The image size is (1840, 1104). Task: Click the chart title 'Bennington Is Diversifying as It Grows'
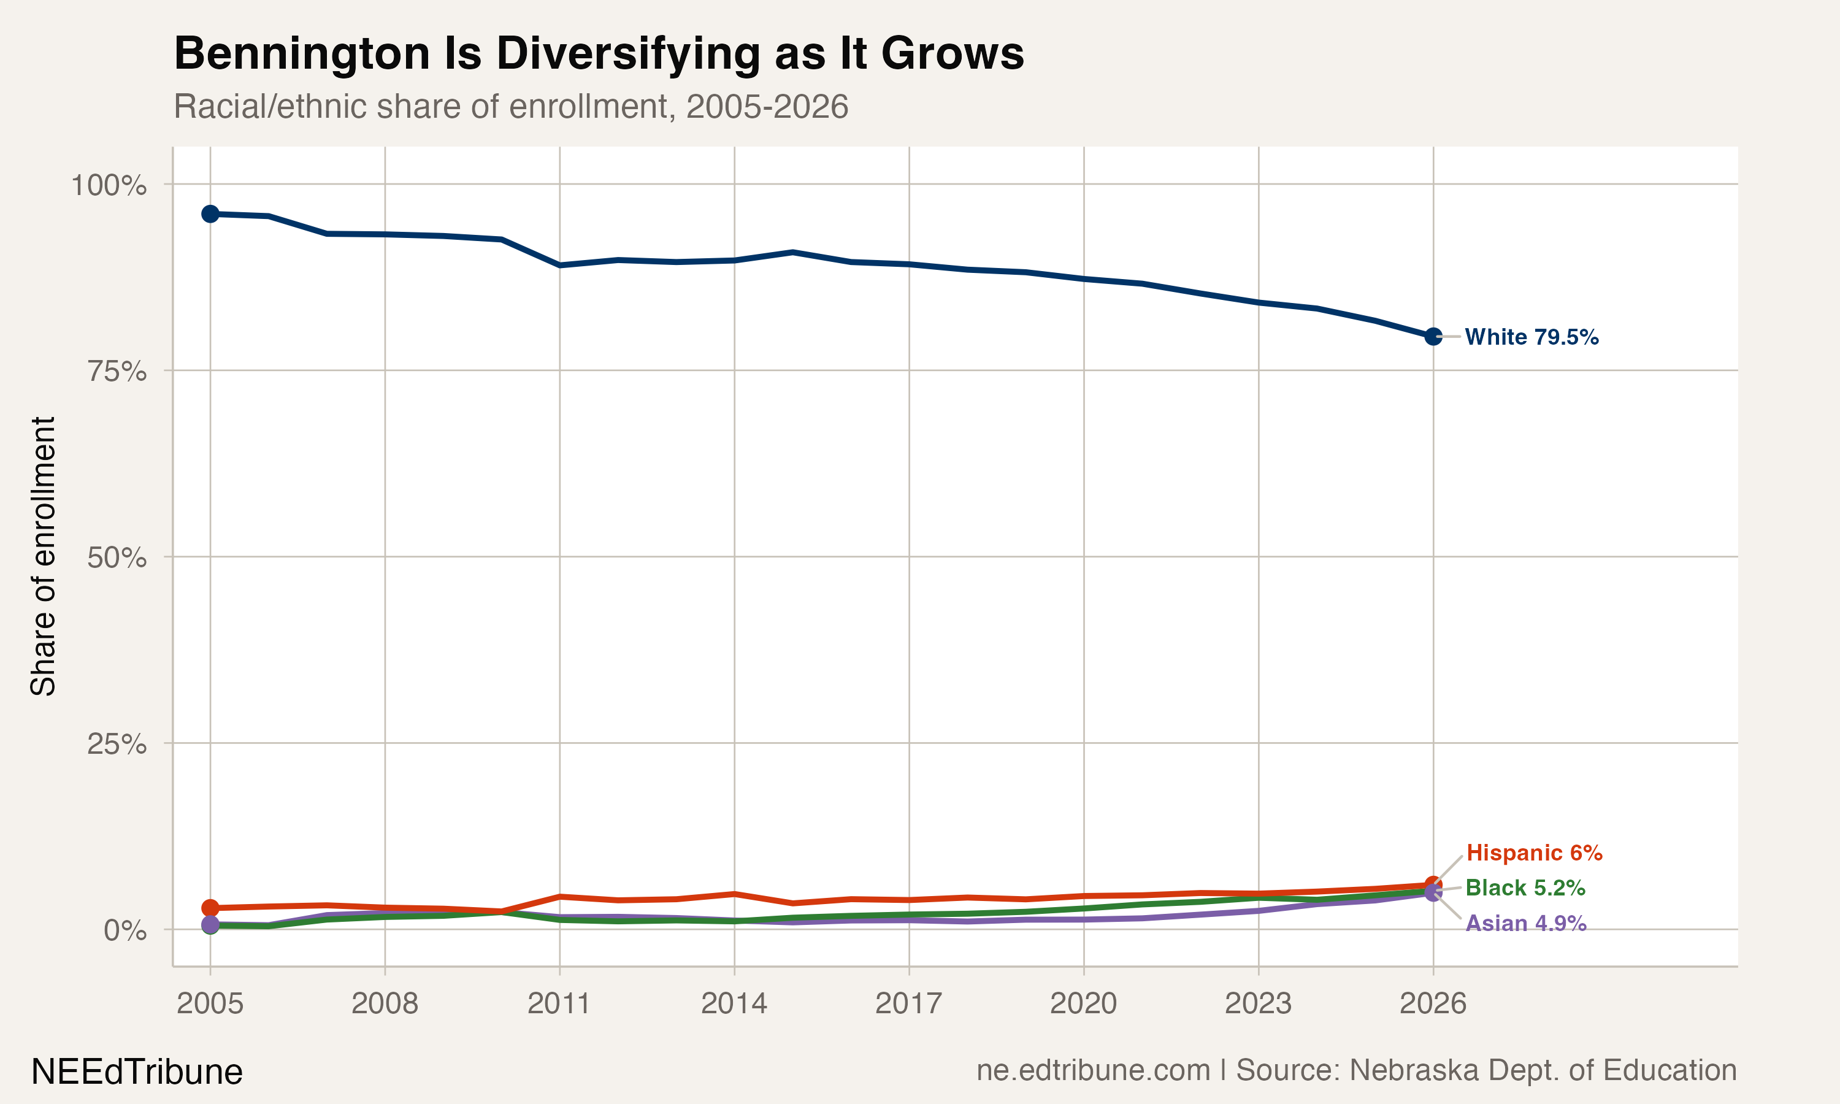(599, 53)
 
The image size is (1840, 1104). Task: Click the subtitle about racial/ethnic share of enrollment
(510, 106)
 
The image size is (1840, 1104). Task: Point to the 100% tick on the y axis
(109, 185)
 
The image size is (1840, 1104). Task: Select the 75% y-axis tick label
(117, 371)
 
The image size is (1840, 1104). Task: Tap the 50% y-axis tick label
(117, 558)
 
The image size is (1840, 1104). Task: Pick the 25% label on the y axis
(117, 744)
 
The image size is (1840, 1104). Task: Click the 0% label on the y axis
(125, 930)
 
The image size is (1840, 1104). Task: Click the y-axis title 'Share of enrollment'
(43, 556)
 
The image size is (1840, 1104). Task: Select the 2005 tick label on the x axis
(210, 1003)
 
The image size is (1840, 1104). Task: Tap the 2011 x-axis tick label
(559, 1003)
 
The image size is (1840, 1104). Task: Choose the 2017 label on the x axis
(908, 1003)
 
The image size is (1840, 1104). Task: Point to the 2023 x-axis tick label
(1258, 1003)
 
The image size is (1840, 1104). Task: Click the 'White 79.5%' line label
(1531, 337)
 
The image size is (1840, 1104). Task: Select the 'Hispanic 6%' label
(1533, 853)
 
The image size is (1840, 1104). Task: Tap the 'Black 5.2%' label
(1525, 887)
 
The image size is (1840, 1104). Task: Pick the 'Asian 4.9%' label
(1525, 923)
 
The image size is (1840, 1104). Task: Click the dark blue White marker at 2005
(210, 214)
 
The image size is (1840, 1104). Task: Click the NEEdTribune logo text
(137, 1072)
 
